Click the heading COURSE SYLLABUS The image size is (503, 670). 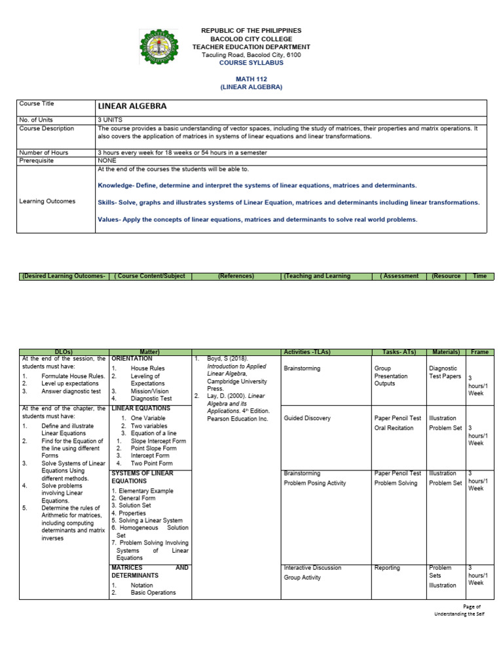click(x=251, y=63)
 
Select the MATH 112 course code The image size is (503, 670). click(x=251, y=79)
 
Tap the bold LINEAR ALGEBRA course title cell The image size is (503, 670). click(x=132, y=106)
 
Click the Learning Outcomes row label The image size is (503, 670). click(x=47, y=202)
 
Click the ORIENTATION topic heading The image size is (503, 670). click(x=132, y=359)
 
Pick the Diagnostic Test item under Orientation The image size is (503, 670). click(x=151, y=398)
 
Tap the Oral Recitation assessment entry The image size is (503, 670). click(x=394, y=428)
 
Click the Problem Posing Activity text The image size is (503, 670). click(x=314, y=483)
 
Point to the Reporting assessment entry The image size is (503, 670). click(x=387, y=568)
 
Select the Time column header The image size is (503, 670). click(x=480, y=276)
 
